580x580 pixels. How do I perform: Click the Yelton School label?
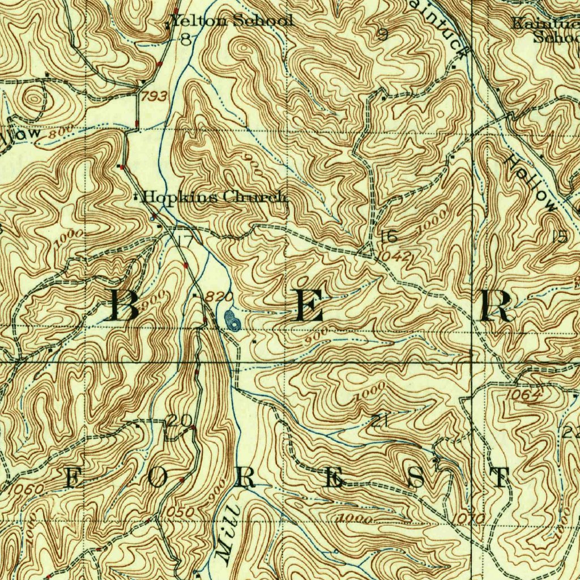pos(232,21)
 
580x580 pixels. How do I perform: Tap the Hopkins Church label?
pos(214,197)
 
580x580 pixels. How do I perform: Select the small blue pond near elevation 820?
pos(232,320)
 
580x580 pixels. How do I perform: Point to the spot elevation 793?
pos(153,97)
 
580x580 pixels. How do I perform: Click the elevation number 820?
pos(220,297)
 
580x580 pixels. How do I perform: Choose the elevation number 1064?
pos(524,395)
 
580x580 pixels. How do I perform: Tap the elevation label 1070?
pos(470,518)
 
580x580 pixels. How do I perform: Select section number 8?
pos(186,39)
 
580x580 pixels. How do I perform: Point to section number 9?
pos(383,35)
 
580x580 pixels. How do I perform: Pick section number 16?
pos(389,237)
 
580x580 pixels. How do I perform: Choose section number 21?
pos(379,420)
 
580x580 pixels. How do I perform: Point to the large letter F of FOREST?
pos(72,478)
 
